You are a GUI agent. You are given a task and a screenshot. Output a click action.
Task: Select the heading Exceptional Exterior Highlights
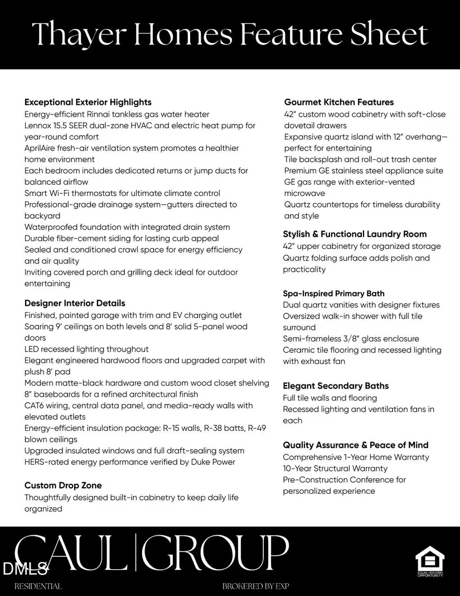click(88, 102)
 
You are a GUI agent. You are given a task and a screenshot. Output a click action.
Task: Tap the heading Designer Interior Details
click(75, 303)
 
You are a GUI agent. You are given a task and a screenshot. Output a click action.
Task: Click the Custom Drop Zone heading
click(63, 486)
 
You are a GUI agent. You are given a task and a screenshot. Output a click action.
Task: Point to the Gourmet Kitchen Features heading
click(339, 102)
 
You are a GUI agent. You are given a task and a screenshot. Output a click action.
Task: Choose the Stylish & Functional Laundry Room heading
click(355, 234)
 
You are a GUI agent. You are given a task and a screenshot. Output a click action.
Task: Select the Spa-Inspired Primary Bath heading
click(333, 294)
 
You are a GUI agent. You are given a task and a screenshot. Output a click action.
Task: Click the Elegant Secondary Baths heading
click(336, 386)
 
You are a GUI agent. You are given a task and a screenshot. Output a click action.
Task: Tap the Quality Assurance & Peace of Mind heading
click(356, 445)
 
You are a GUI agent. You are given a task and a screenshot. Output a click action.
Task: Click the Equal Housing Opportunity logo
click(430, 561)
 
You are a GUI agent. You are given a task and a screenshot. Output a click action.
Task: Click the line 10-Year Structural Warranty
click(335, 469)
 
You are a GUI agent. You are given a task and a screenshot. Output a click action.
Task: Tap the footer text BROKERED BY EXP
click(256, 587)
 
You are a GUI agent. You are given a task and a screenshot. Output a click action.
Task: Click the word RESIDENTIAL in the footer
click(38, 587)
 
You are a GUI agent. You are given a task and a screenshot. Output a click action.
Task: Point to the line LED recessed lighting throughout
click(86, 349)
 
